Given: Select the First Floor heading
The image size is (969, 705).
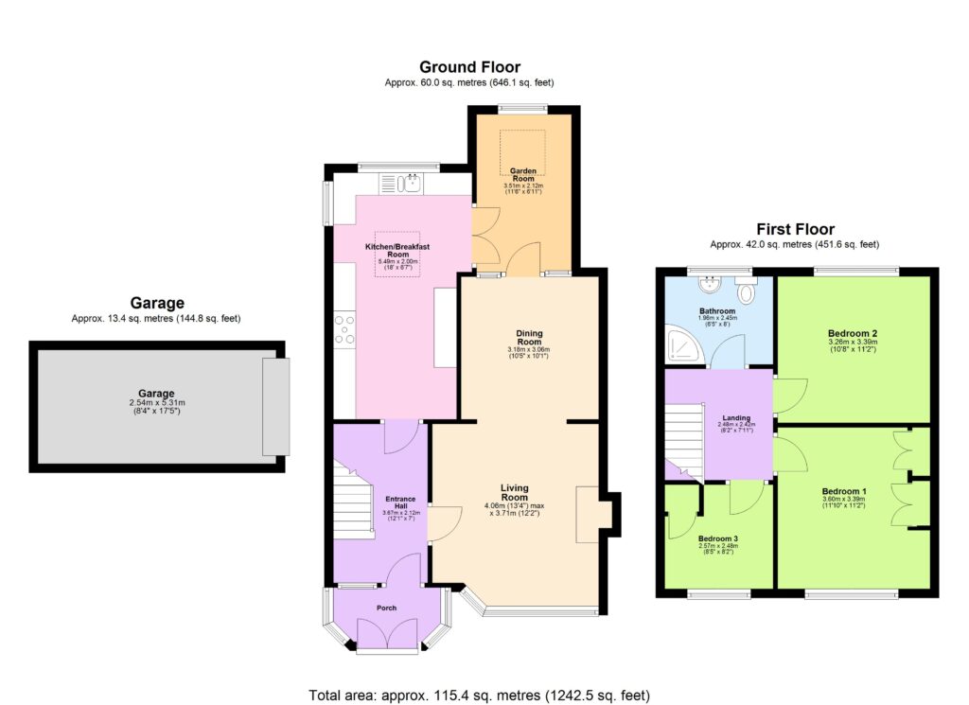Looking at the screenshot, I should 795,229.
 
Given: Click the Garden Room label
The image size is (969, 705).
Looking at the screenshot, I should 523,175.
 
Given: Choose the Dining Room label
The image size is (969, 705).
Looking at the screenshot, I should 529,336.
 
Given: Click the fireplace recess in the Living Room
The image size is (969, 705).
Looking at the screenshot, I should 587,515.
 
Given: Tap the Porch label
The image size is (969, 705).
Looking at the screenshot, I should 386,608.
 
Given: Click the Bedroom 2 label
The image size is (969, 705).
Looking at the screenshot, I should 853,334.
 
